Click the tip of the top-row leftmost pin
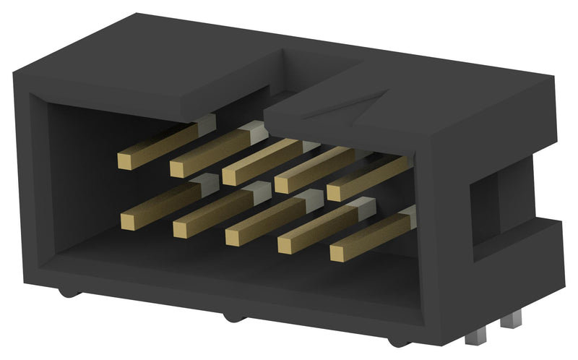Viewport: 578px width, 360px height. click(126, 160)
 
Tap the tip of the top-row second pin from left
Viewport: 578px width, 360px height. click(178, 168)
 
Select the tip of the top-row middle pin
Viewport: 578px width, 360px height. click(231, 176)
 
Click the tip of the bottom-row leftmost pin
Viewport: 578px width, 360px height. click(130, 220)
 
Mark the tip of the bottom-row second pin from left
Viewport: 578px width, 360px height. click(182, 228)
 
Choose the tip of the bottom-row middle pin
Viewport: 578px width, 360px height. click(235, 236)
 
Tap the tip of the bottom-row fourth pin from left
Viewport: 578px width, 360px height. click(288, 245)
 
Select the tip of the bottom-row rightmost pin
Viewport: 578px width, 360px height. click(340, 253)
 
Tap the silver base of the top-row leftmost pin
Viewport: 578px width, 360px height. click(206, 123)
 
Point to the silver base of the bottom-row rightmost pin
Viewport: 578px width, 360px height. click(409, 215)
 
